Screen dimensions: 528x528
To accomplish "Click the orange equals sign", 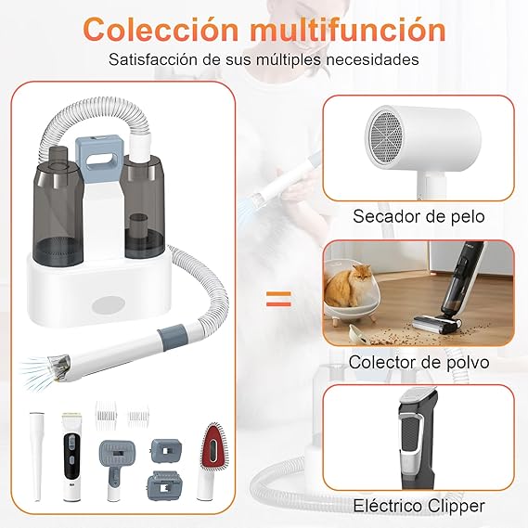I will [278, 299].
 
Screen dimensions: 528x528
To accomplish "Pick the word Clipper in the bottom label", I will [455, 506].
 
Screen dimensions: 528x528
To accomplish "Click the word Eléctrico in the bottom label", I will [383, 506].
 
